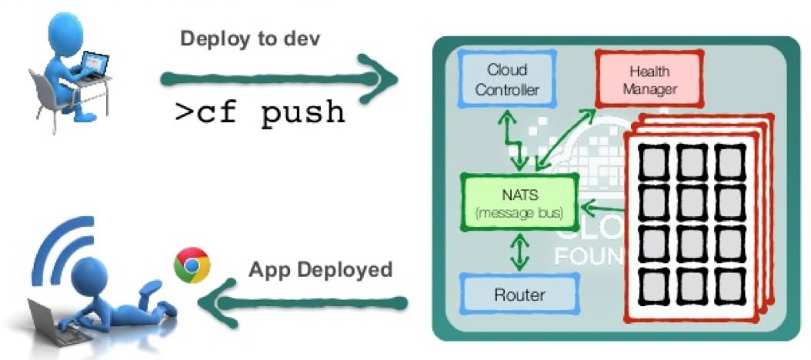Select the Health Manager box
click(x=649, y=81)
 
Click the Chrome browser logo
click(x=192, y=265)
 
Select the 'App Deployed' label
click(x=320, y=270)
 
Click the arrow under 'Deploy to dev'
click(x=277, y=78)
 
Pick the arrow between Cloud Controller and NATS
click(x=513, y=141)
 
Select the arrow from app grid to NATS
click(x=603, y=206)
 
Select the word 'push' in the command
click(x=302, y=112)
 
